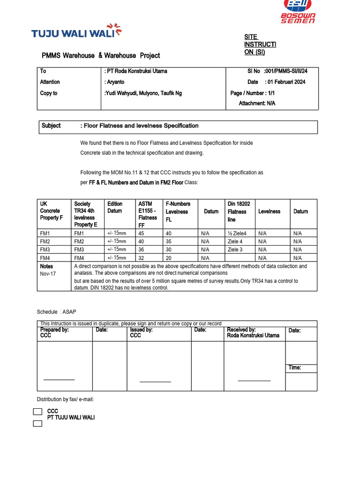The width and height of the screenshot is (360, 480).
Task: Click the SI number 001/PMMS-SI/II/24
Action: pos(285,71)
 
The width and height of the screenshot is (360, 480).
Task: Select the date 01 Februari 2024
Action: pos(286,82)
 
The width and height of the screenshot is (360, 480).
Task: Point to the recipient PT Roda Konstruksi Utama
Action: pos(136,71)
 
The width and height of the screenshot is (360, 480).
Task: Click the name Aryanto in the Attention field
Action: pos(116,82)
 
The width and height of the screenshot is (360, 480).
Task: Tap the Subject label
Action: pos(51,126)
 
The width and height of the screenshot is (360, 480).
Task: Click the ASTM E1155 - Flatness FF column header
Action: pos(148,214)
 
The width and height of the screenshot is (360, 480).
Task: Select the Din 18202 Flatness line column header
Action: pos(239,211)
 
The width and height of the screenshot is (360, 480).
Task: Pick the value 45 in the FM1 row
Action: pos(141,233)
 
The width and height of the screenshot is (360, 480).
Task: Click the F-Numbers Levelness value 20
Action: pos(168,258)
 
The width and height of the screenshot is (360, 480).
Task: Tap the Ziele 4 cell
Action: pos(235,241)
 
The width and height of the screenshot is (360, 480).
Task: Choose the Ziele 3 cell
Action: pos(235,250)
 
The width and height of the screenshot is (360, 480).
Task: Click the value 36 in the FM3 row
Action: pos(141,250)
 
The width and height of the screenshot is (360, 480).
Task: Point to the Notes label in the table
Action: pos(46,266)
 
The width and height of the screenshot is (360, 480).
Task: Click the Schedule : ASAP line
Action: pos(56,312)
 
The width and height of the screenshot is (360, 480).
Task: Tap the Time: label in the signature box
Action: pos(295,367)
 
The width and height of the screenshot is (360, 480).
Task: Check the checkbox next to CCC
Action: pos(37,412)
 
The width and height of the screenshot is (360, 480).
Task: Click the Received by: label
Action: pos(241,330)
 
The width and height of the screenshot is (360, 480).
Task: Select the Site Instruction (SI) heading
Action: pos(260,45)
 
